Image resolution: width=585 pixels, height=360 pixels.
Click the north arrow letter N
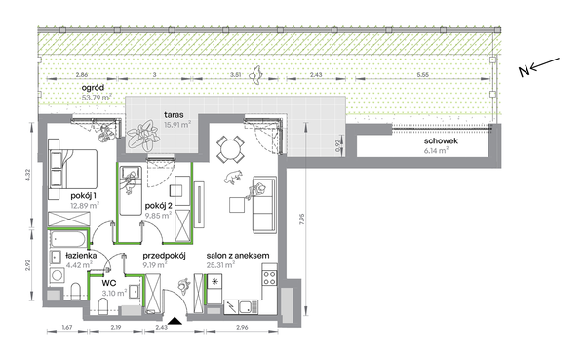point(525,70)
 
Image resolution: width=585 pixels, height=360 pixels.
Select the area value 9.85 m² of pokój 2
point(158,215)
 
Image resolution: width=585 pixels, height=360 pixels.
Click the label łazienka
point(81,256)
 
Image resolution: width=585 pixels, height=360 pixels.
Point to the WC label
point(108,283)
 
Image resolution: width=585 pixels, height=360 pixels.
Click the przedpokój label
point(164,256)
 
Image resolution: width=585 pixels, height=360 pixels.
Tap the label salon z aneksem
point(238,256)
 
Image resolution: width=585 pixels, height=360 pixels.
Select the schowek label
point(441,141)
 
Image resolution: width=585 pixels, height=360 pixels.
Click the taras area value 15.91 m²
point(177,124)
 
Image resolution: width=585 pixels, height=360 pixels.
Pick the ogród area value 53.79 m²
point(97,98)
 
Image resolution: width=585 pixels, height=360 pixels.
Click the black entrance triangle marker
point(175,320)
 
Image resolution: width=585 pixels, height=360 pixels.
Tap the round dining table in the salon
point(230,149)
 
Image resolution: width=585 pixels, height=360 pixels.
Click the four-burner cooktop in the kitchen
point(270,277)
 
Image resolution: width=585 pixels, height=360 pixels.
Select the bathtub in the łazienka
point(68,239)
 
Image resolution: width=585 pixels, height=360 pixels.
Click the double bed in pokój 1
point(73,169)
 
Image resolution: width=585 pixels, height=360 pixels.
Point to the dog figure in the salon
point(234,177)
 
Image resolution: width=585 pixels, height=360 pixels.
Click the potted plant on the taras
point(141,135)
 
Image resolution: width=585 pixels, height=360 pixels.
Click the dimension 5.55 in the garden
point(423,75)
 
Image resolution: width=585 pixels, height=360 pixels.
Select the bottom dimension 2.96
point(242,328)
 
